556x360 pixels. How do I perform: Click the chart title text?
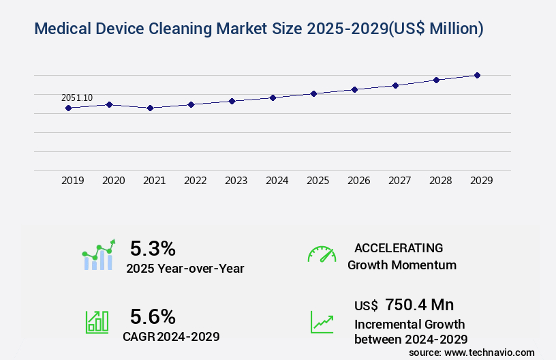pyautogui.click(x=258, y=29)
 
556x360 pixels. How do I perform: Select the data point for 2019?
pyautogui.click(x=68, y=108)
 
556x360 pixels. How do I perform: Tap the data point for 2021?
pyautogui.click(x=150, y=108)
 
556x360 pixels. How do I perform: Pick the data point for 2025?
pyautogui.click(x=313, y=93)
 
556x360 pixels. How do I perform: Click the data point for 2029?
pyautogui.click(x=477, y=75)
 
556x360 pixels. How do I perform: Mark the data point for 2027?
pyautogui.click(x=395, y=85)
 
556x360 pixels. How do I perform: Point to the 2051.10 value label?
pyautogui.click(x=77, y=98)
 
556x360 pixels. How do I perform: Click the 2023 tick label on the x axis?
pyautogui.click(x=236, y=181)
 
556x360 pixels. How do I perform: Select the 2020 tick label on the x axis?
pyautogui.click(x=113, y=181)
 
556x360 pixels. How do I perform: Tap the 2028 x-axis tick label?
pyautogui.click(x=440, y=181)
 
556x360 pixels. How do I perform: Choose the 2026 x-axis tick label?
pyautogui.click(x=358, y=181)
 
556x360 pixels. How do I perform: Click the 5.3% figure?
pyautogui.click(x=153, y=248)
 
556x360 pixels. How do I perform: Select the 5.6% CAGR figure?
pyautogui.click(x=153, y=316)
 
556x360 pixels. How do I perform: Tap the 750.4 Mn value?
pyautogui.click(x=419, y=304)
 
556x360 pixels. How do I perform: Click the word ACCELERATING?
pyautogui.click(x=399, y=247)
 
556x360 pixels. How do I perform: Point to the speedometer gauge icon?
pyautogui.click(x=322, y=254)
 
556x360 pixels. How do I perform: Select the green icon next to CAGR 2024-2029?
pyautogui.click(x=97, y=322)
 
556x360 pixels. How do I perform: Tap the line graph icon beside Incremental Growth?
pyautogui.click(x=322, y=322)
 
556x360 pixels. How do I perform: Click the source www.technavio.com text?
pyautogui.click(x=472, y=352)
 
